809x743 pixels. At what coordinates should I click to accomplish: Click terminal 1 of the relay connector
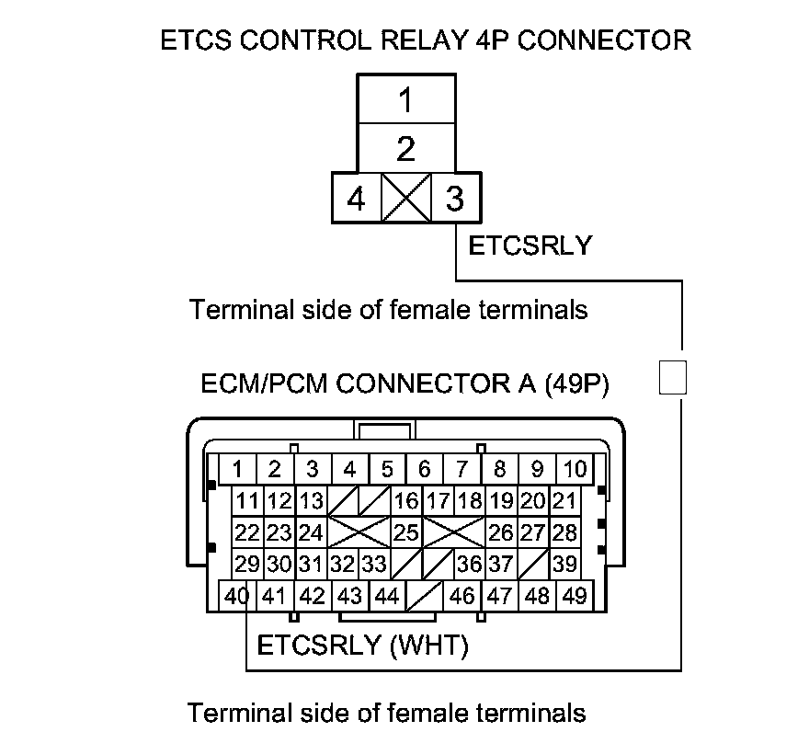tap(405, 100)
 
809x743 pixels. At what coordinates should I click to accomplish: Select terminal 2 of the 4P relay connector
tap(405, 148)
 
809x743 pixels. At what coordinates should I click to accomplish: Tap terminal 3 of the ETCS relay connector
tap(454, 199)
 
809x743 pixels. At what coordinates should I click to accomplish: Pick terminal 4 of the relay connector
tap(356, 199)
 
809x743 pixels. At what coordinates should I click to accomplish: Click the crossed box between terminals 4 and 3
tap(405, 199)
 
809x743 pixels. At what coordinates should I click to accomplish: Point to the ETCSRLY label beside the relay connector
tap(530, 246)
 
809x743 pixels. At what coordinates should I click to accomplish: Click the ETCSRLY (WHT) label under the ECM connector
tap(362, 646)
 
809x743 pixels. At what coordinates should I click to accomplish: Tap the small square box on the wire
tap(674, 376)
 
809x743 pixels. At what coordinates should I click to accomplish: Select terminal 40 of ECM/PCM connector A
tap(237, 596)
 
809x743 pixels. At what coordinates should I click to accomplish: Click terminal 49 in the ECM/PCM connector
tap(575, 596)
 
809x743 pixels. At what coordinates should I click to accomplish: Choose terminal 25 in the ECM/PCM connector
tap(405, 532)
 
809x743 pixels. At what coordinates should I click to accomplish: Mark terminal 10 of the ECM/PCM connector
tap(575, 470)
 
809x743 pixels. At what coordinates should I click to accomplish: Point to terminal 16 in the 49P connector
tap(405, 501)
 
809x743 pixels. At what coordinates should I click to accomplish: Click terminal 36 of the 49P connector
tap(470, 564)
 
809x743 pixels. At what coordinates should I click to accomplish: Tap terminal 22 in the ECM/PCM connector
tap(245, 532)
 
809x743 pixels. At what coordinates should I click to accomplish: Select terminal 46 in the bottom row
tap(462, 596)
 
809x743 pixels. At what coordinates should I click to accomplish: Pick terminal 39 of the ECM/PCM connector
tap(565, 564)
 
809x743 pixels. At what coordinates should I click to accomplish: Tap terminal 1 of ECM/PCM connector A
tap(237, 470)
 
